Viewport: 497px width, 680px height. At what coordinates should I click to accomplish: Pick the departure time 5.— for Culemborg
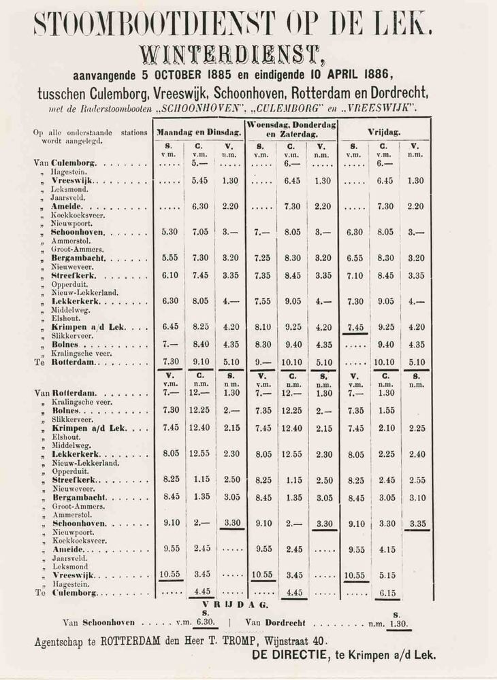click(199, 164)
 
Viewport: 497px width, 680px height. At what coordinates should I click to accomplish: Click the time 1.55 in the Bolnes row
click(385, 411)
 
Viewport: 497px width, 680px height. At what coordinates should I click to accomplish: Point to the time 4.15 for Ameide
click(385, 549)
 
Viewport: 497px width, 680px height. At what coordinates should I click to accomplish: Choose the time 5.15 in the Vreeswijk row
click(385, 575)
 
